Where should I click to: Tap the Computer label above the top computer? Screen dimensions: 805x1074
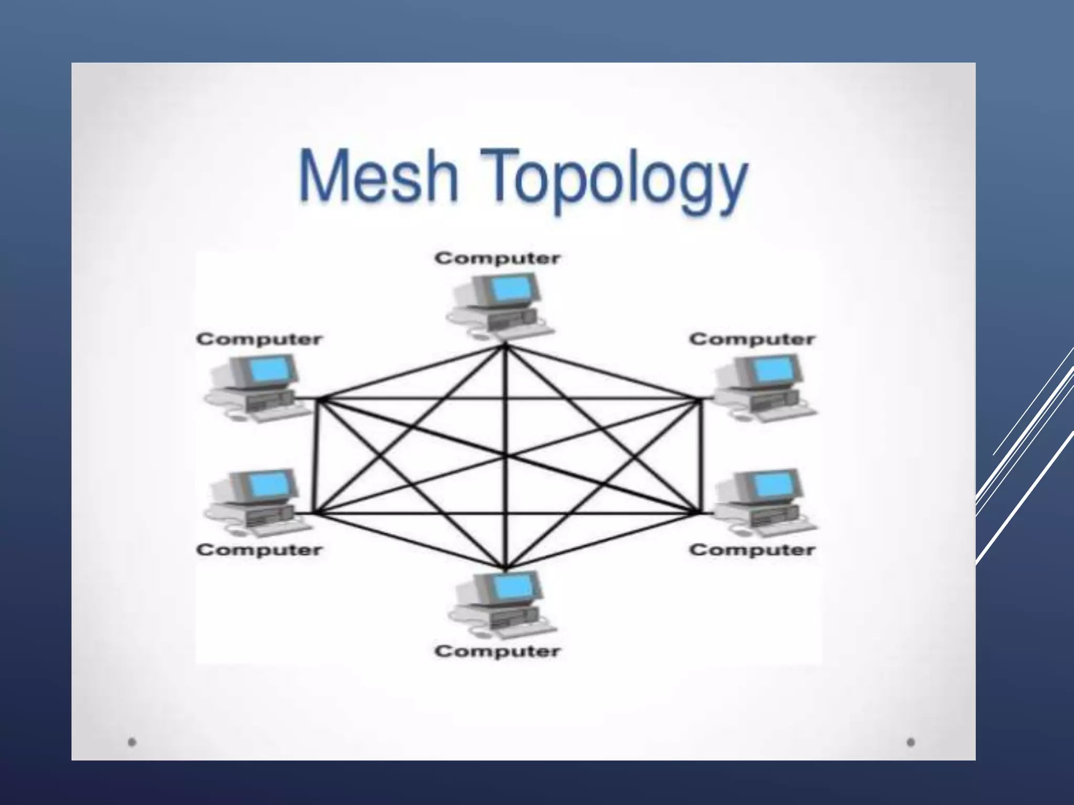(x=497, y=258)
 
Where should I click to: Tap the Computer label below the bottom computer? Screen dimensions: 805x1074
(x=497, y=651)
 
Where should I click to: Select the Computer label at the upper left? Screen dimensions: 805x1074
(x=259, y=339)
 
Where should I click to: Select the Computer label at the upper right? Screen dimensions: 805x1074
(x=752, y=339)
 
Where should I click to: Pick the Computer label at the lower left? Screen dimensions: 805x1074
(x=259, y=550)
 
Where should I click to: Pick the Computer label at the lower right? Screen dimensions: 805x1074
(x=752, y=550)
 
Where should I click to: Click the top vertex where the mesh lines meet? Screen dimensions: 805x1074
(x=505, y=346)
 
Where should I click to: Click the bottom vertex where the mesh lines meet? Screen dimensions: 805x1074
(x=506, y=569)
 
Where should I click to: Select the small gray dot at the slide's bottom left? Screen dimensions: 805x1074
(x=132, y=742)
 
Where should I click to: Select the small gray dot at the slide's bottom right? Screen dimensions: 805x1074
(x=911, y=742)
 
